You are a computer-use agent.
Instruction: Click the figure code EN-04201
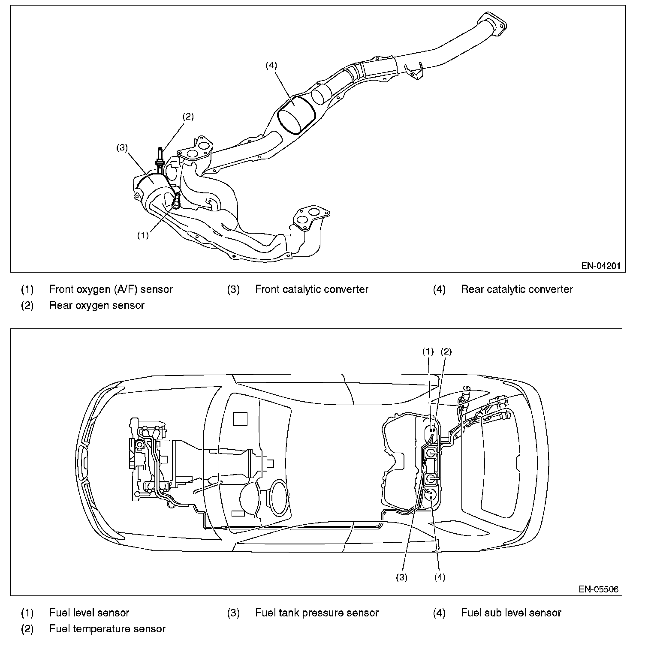(x=601, y=265)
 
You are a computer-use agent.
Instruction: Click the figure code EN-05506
(x=599, y=589)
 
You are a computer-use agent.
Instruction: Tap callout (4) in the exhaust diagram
(x=271, y=65)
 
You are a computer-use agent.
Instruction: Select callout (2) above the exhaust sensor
(x=188, y=116)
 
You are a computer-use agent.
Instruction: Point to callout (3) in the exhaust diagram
(x=122, y=147)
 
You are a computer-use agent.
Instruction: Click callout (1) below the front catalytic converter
(x=143, y=235)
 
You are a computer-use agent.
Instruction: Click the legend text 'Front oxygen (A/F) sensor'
(x=111, y=289)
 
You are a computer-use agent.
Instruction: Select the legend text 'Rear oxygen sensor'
(x=97, y=305)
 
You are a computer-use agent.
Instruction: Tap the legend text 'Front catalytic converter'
(x=312, y=289)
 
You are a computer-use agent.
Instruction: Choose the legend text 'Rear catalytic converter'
(x=517, y=289)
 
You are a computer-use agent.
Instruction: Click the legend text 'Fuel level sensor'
(x=89, y=613)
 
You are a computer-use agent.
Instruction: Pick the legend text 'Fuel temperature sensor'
(x=107, y=629)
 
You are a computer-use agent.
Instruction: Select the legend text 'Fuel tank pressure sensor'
(x=317, y=613)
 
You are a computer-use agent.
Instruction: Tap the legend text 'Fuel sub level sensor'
(x=511, y=613)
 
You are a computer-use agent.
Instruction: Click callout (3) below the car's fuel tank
(x=401, y=577)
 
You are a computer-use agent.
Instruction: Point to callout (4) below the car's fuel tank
(x=440, y=577)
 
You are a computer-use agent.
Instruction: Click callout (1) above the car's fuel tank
(x=428, y=352)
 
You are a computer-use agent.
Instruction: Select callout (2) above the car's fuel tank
(x=446, y=352)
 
